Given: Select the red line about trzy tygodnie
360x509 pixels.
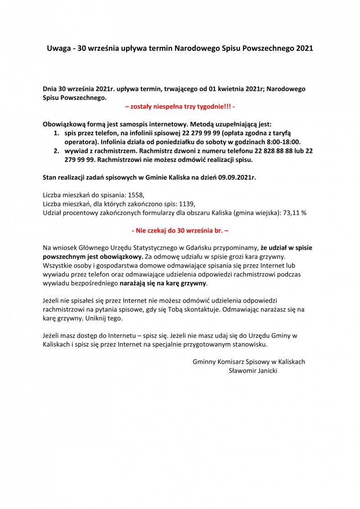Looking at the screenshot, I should [x=180, y=107].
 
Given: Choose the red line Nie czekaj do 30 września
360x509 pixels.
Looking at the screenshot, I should [x=180, y=230].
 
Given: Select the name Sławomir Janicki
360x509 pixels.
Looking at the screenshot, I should [x=253, y=371].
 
